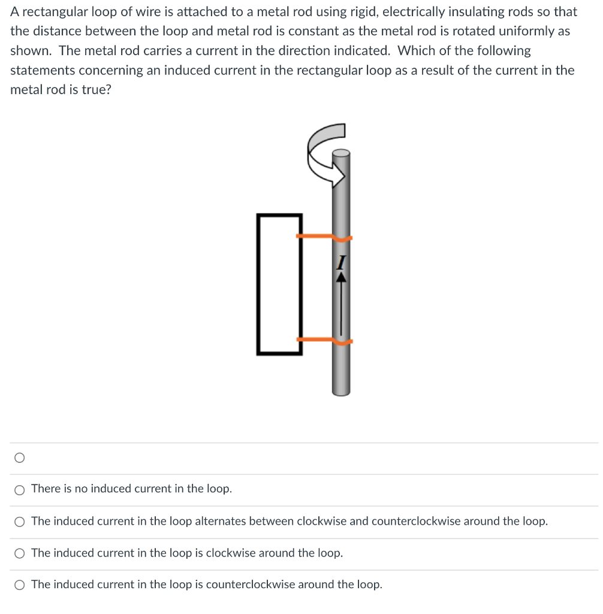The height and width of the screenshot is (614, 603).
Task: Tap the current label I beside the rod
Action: [x=341, y=262]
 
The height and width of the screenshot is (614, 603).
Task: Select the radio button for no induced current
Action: [x=20, y=490]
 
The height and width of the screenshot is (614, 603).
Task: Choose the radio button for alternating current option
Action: [x=20, y=522]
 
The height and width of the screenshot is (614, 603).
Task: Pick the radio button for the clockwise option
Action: [x=20, y=553]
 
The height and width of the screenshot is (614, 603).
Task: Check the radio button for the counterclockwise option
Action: [x=20, y=585]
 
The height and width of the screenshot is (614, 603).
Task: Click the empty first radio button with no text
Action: [x=20, y=458]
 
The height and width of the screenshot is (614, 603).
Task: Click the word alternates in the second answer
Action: [x=220, y=521]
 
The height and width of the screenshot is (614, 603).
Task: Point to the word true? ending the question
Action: [x=96, y=90]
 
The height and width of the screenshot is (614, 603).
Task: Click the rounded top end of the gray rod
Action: [x=340, y=153]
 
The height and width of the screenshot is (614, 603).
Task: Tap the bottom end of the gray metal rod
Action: [x=340, y=392]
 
